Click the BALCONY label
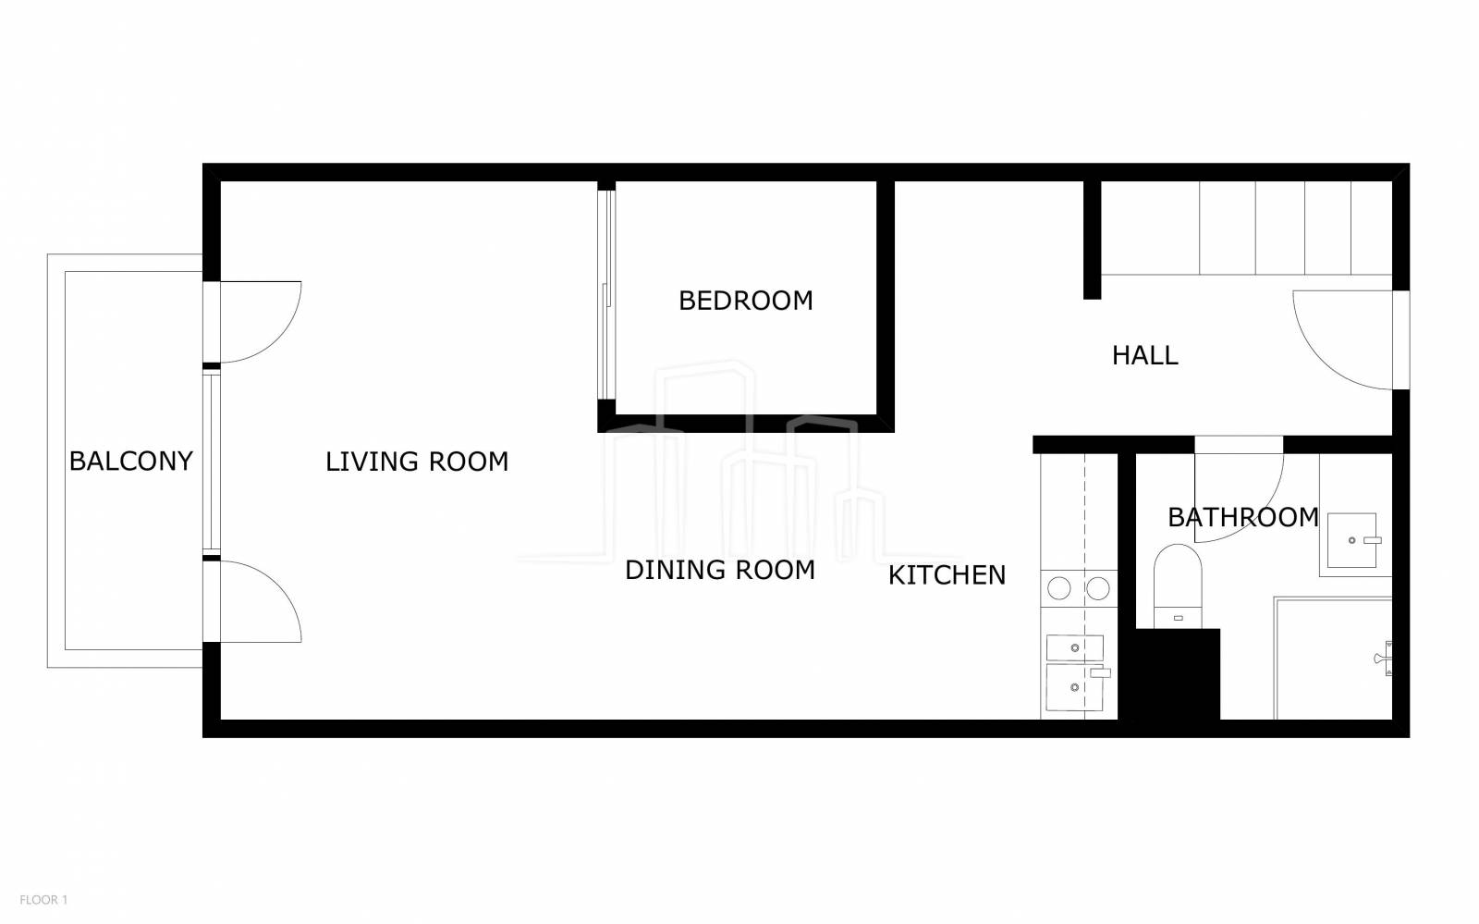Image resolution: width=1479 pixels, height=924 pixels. tap(130, 461)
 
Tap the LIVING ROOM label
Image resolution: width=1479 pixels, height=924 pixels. tap(417, 462)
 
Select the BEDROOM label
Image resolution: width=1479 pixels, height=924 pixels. tap(745, 301)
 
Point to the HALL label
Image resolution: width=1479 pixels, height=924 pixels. tap(1144, 355)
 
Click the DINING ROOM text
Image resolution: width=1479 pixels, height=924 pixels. tap(720, 570)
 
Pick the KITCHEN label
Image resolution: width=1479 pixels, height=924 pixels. tap(947, 575)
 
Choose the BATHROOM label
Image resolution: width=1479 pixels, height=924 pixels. tap(1242, 517)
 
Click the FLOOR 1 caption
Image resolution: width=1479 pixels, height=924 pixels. tap(43, 900)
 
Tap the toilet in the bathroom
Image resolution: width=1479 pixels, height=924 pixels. tap(1178, 585)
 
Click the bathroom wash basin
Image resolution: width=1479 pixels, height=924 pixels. tap(1352, 540)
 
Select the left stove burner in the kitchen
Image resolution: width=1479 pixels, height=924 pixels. tap(1059, 588)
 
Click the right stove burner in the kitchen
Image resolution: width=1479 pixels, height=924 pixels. tap(1098, 588)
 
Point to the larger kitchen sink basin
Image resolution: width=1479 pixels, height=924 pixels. tap(1075, 687)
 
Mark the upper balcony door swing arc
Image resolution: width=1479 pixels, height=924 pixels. tap(278, 339)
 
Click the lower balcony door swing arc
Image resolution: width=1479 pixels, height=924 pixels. tap(278, 584)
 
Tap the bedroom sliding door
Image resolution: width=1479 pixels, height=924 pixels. tap(606, 294)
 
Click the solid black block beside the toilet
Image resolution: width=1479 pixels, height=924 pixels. tap(1168, 673)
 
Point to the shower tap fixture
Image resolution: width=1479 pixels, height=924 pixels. tap(1384, 659)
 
